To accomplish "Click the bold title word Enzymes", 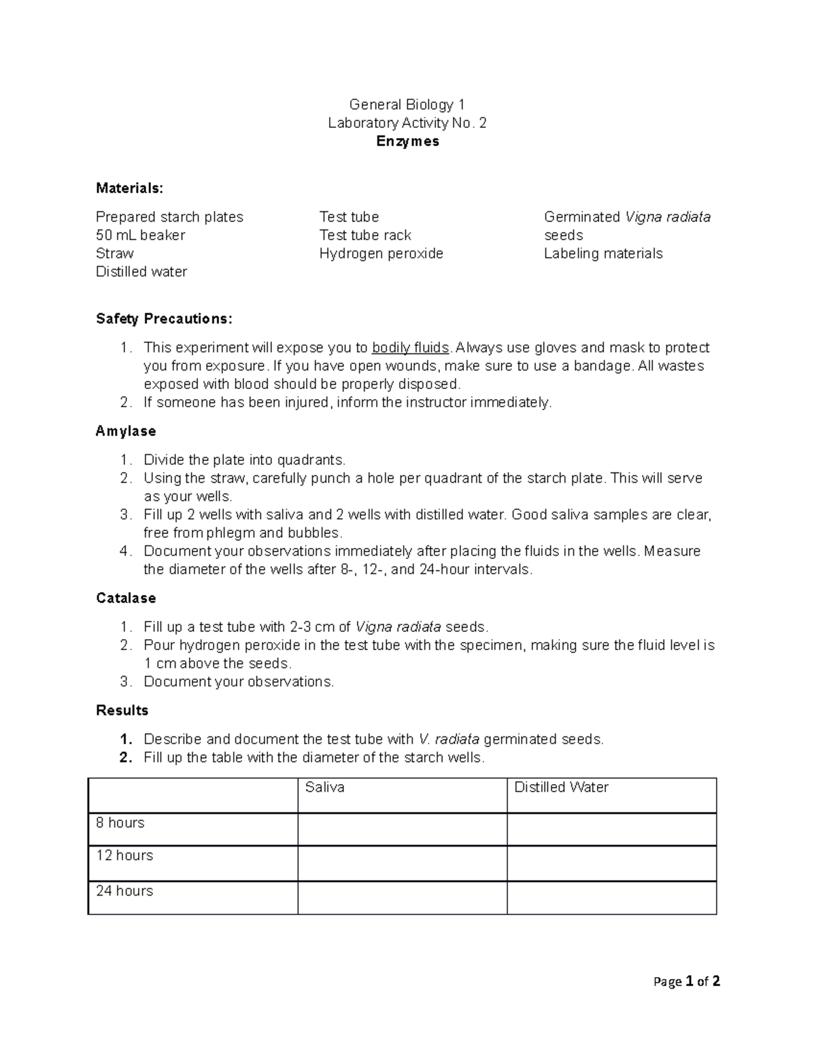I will click(x=407, y=141).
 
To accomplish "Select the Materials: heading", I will click(x=129, y=188).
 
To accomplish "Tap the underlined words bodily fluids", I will click(x=410, y=347).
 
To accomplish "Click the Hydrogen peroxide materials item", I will click(x=381, y=254).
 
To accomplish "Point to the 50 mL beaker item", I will click(x=140, y=235).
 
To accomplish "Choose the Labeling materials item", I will click(x=602, y=254).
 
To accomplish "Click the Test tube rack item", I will click(x=365, y=235).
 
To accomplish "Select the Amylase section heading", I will click(x=126, y=431).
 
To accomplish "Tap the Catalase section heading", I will click(x=126, y=598).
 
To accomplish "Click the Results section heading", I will click(x=122, y=711).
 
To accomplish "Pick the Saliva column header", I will click(x=324, y=787).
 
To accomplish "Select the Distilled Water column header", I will click(x=561, y=787).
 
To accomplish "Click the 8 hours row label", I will click(x=120, y=823).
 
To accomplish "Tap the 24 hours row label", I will click(x=124, y=891).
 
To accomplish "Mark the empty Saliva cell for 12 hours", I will click(x=402, y=864).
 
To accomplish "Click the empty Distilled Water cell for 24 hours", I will click(x=611, y=898).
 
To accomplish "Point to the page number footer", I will click(x=686, y=981).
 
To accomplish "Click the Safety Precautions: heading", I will click(x=164, y=319).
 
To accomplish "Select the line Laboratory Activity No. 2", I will click(x=407, y=123).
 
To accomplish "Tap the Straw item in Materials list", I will click(x=114, y=254).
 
